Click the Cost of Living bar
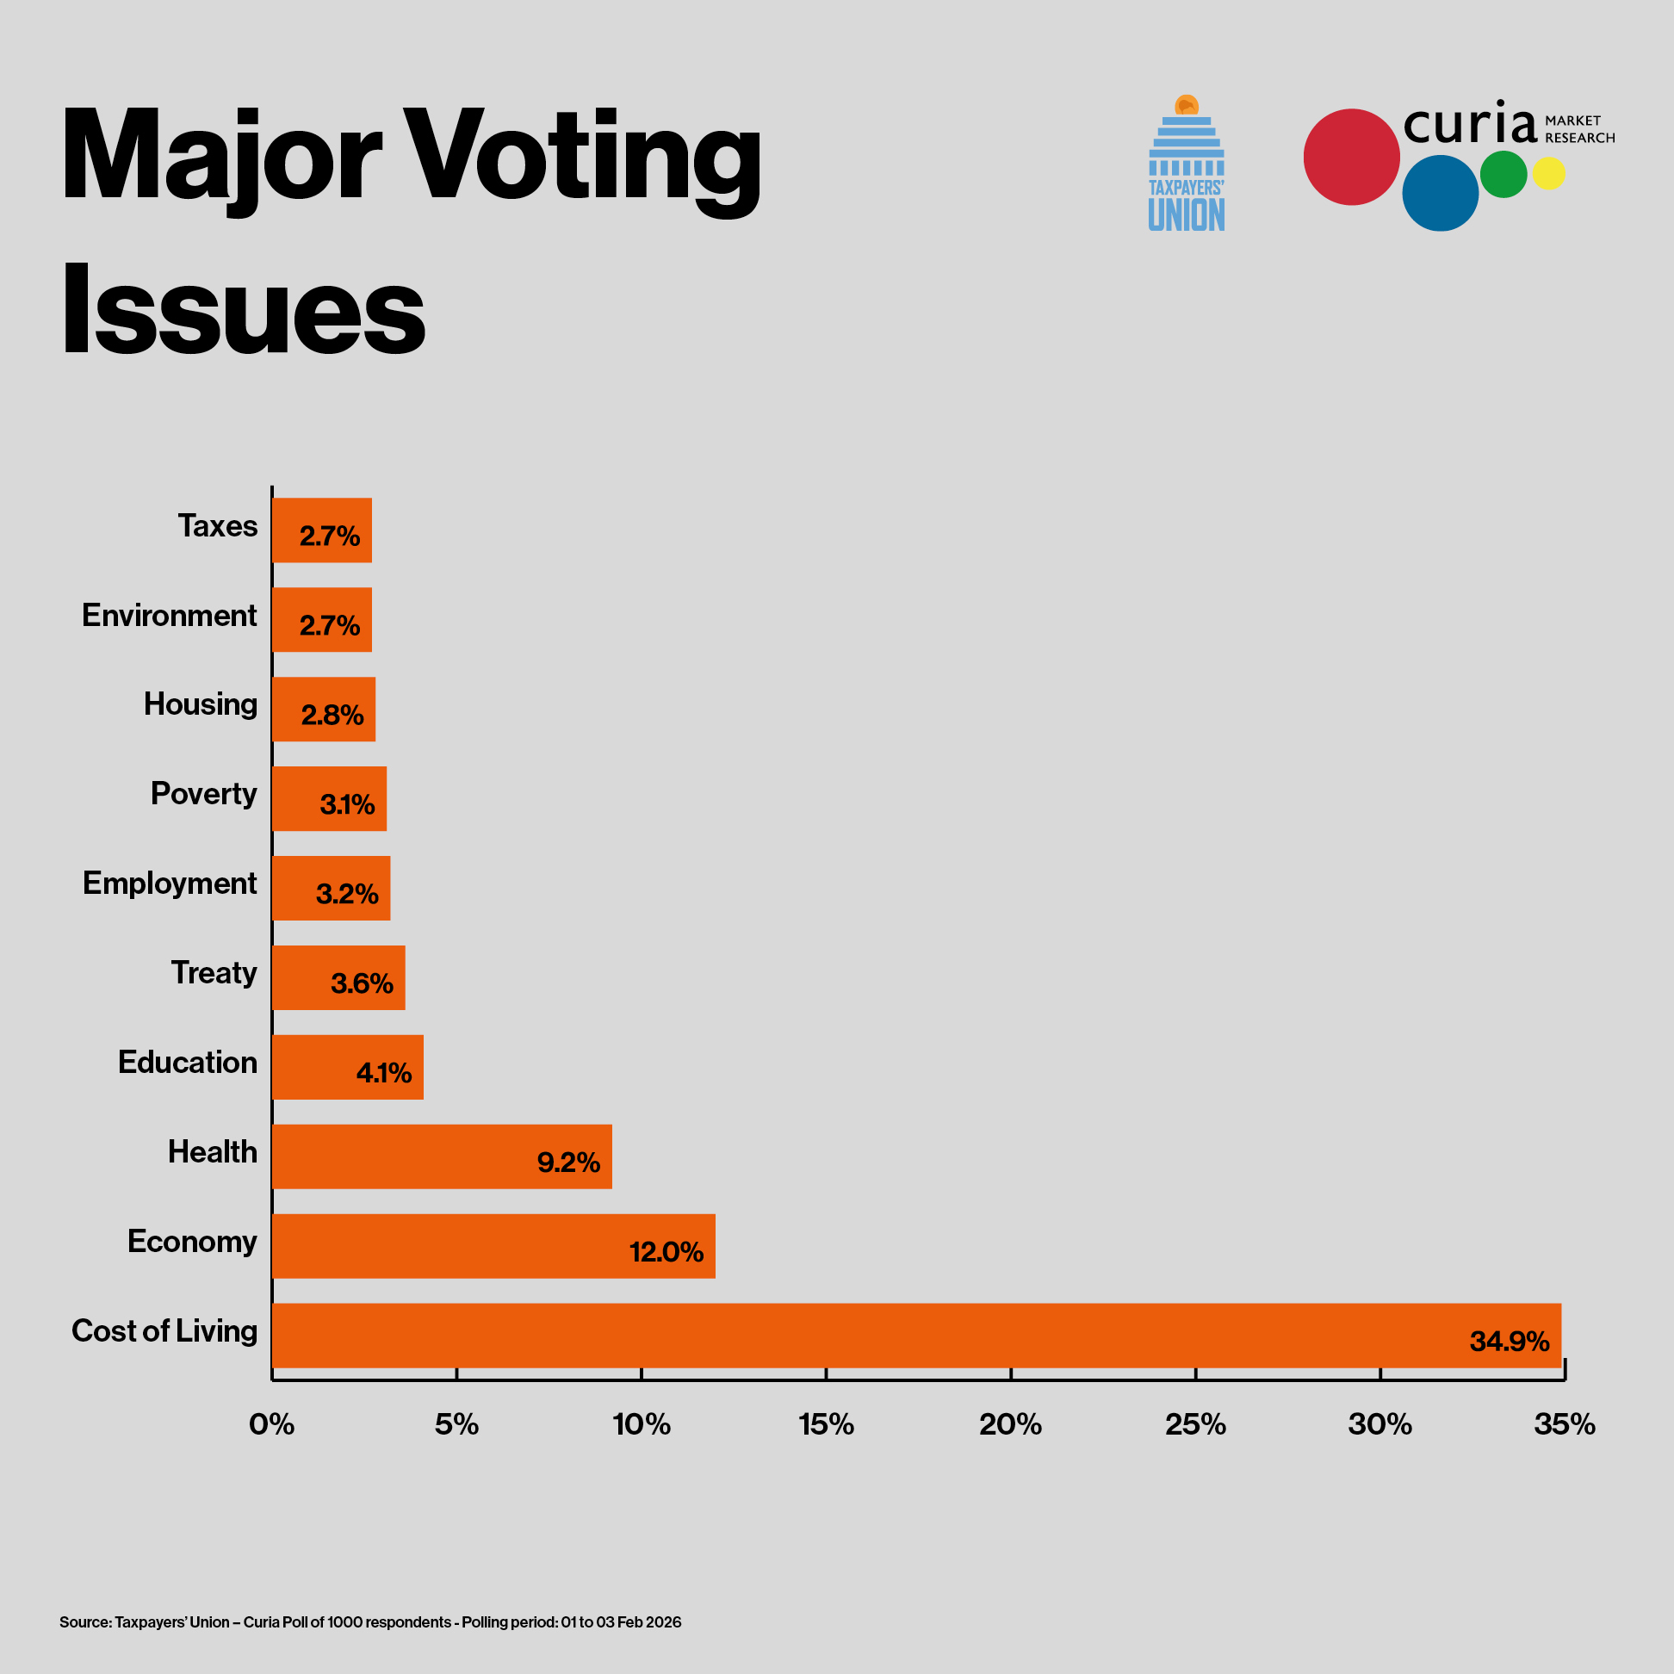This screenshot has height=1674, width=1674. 916,1336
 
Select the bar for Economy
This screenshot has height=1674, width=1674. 493,1246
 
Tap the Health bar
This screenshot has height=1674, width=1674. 442,1156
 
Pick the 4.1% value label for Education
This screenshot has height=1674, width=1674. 384,1074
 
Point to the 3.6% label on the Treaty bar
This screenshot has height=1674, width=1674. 363,983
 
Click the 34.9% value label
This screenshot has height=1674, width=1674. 1510,1342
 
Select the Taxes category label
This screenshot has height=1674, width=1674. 218,526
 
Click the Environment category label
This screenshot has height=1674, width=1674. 170,615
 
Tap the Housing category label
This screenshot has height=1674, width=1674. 200,704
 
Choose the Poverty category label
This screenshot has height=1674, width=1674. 203,794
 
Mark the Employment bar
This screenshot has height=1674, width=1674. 331,888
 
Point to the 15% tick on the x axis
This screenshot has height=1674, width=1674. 826,1424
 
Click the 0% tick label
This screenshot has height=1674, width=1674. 271,1424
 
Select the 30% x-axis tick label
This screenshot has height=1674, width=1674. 1379,1424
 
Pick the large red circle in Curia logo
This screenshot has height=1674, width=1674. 1351,157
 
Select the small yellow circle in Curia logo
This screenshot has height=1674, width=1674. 1548,173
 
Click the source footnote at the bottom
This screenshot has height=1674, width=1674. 370,1622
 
